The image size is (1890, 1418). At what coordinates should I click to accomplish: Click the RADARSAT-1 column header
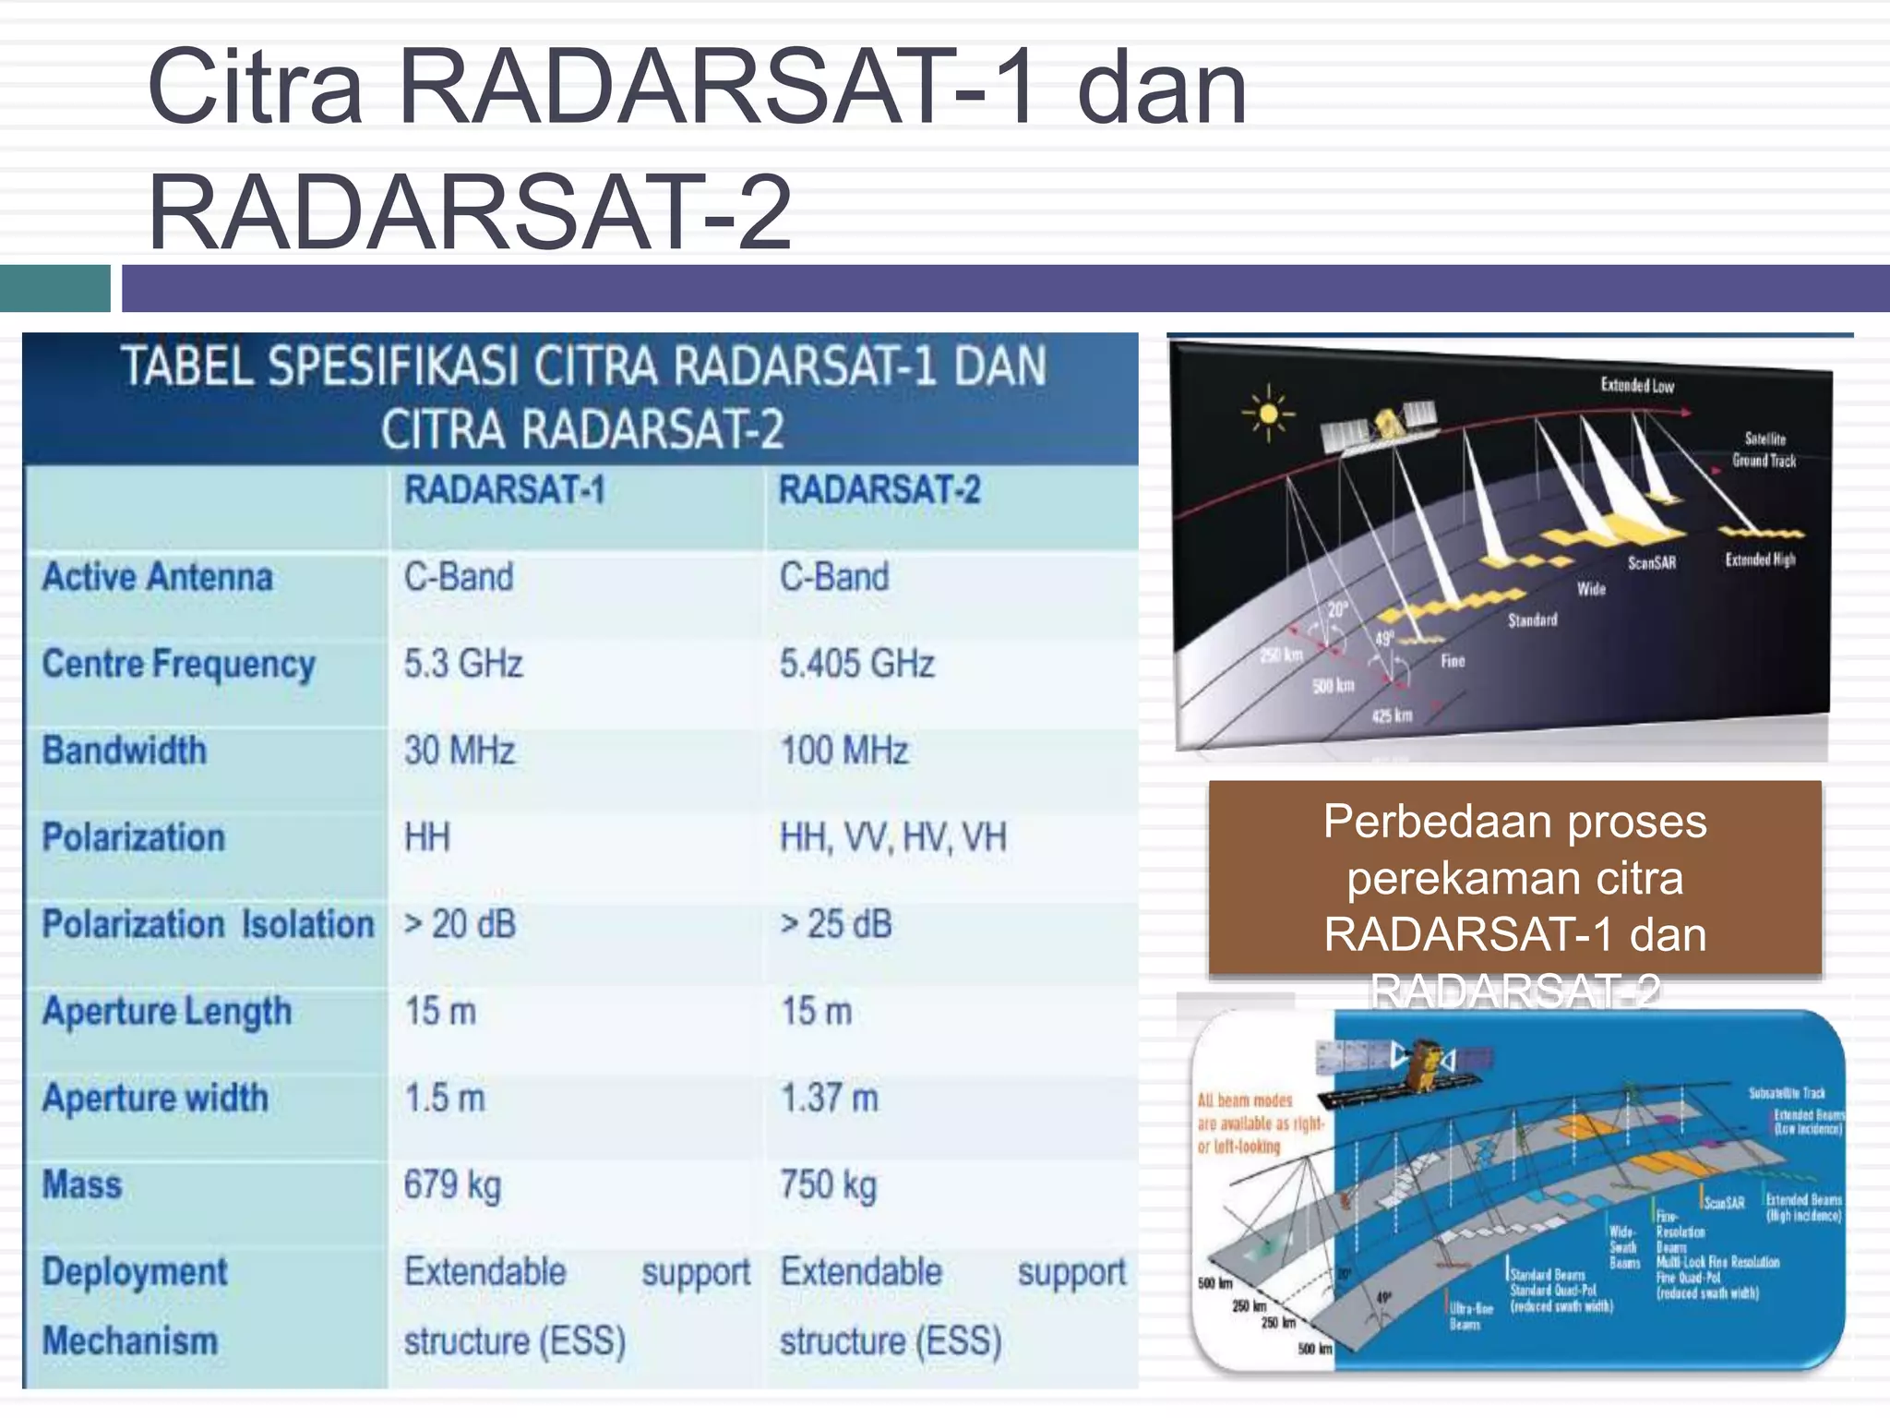pos(505,490)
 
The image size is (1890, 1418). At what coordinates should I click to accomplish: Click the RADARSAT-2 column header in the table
pos(879,490)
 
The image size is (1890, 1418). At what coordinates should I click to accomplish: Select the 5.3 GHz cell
pos(463,664)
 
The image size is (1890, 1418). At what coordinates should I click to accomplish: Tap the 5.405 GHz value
pos(856,664)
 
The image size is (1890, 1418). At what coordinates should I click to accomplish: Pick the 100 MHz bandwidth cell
pos(844,751)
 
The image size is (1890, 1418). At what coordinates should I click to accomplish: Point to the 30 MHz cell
pos(460,751)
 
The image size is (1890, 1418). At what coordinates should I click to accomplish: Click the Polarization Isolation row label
pos(208,924)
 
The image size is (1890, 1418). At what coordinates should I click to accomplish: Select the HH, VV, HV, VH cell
pos(892,837)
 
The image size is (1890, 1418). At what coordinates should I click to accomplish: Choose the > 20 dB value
pos(460,924)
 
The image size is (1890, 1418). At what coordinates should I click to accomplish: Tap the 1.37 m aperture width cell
pos(830,1099)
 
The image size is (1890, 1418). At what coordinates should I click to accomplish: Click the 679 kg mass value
pos(452,1185)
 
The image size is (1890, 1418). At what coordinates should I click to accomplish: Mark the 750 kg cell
pos(828,1185)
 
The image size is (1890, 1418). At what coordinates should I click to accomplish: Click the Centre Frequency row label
pos(179,664)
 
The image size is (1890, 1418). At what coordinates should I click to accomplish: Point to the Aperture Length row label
pos(167,1012)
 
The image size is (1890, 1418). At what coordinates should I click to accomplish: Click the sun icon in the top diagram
pos(1268,413)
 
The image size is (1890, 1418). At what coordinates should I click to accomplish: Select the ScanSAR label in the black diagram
pos(1651,562)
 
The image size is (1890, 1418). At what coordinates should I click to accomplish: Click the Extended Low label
pos(1637,385)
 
